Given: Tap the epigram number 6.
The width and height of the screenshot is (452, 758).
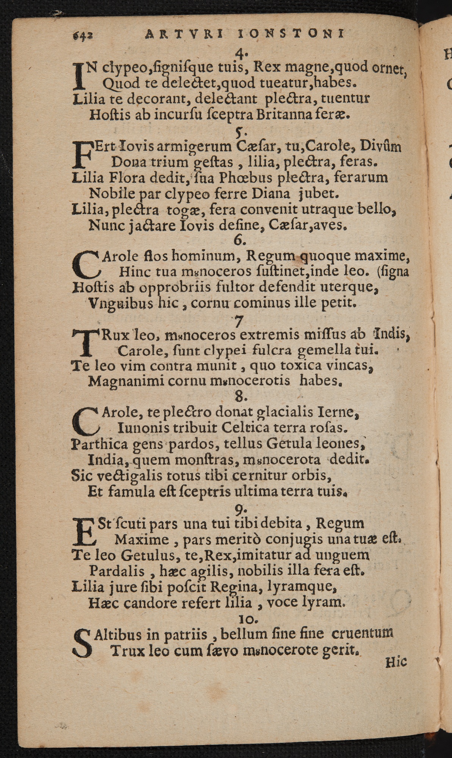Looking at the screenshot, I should point(240,240).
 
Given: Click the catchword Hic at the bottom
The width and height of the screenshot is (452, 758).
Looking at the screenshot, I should point(396,662).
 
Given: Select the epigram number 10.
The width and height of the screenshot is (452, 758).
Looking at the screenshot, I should point(248,619).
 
